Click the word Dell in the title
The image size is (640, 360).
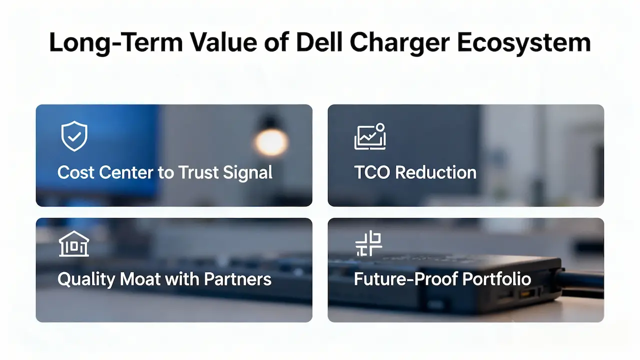point(319,42)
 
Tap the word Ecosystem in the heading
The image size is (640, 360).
point(523,43)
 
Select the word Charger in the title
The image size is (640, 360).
point(399,43)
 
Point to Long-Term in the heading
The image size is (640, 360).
point(115,43)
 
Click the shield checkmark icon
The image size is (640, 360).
point(74,136)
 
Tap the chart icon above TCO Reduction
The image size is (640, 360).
point(370,136)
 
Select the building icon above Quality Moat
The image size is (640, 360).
point(74,243)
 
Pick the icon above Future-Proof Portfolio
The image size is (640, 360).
point(368,243)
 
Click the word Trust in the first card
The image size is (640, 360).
point(198,172)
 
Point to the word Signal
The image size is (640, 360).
point(247,173)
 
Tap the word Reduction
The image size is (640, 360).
point(435,172)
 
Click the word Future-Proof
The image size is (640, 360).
point(405,279)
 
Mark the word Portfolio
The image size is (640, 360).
point(497,279)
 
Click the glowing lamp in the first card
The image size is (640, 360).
point(271,142)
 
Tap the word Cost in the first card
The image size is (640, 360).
point(75,172)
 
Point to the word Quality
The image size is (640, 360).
point(86,279)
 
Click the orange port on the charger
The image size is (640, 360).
point(527,293)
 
